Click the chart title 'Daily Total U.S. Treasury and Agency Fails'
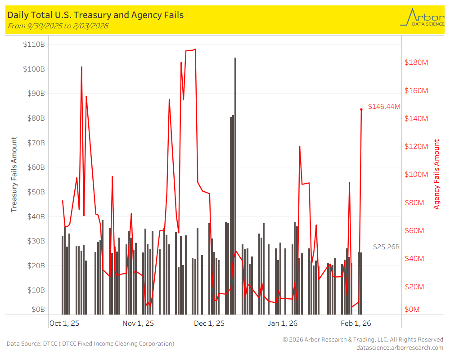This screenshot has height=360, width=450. [x=95, y=15]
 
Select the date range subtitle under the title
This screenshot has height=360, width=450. [x=58, y=26]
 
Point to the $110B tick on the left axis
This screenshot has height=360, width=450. [x=34, y=45]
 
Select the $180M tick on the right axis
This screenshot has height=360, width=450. [x=416, y=62]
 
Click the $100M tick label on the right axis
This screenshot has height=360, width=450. [x=416, y=175]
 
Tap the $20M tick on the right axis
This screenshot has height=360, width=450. [x=414, y=287]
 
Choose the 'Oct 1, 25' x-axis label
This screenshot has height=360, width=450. [x=64, y=323]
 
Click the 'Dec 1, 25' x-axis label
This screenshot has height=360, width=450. [x=209, y=323]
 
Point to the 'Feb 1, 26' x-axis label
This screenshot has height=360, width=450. [x=356, y=323]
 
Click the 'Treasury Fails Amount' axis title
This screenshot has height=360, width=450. [x=14, y=175]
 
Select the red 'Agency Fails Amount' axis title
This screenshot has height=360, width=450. [x=436, y=175]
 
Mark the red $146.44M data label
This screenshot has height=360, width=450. [x=384, y=107]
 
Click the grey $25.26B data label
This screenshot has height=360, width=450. [x=386, y=247]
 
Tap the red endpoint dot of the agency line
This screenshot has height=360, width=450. [x=361, y=109]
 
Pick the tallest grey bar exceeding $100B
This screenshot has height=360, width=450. [x=235, y=180]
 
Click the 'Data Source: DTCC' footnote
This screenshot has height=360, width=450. [x=90, y=344]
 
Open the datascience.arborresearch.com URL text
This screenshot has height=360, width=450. [x=399, y=347]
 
